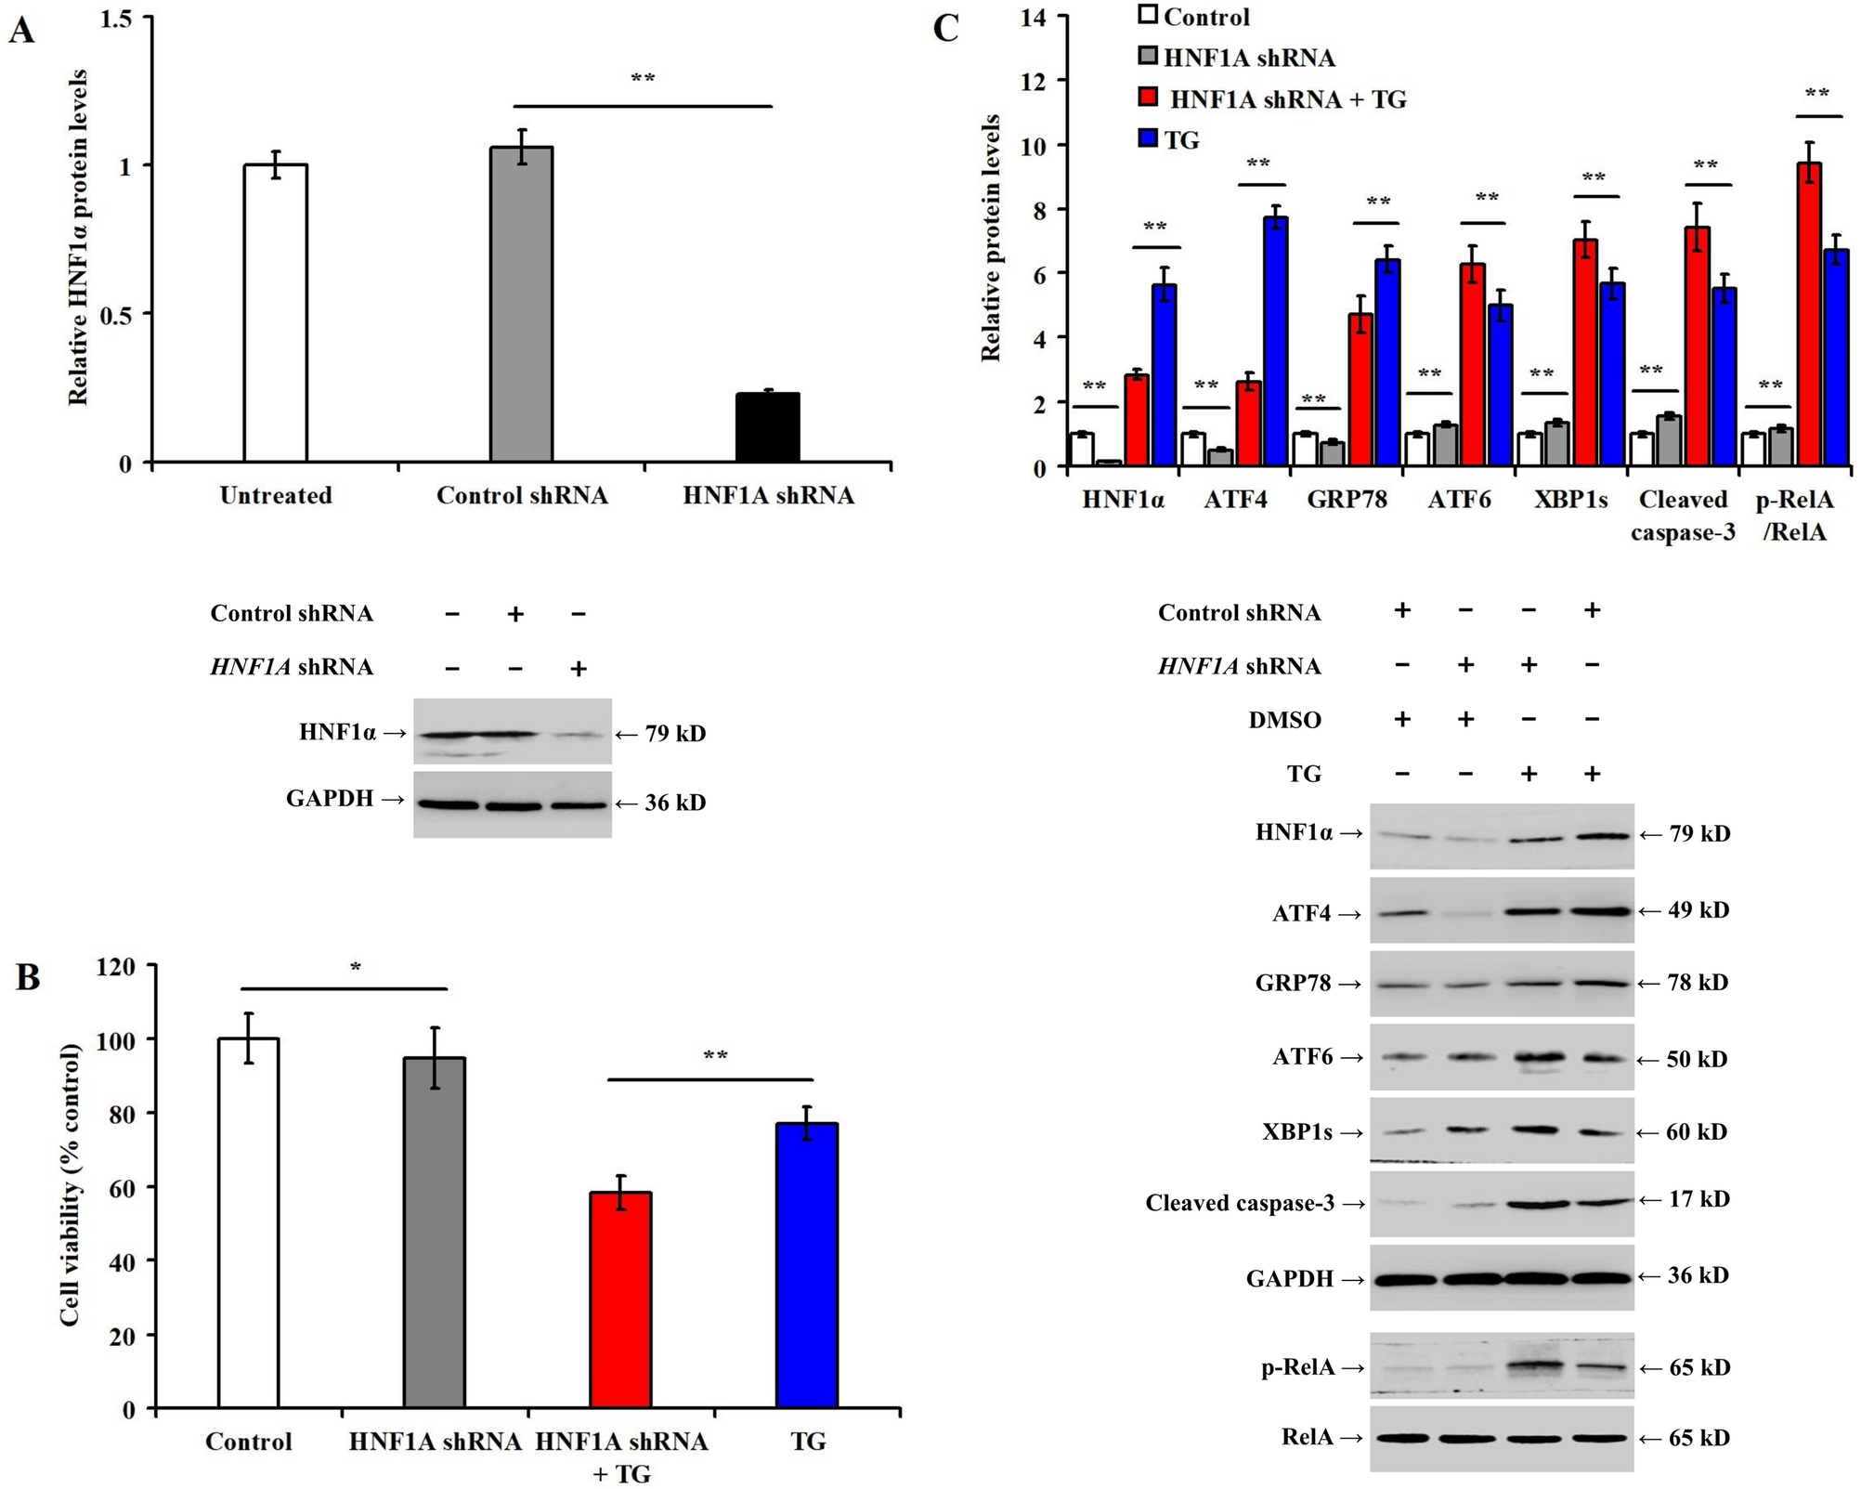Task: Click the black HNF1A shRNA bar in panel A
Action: point(767,427)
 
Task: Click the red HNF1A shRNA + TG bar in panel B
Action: point(620,1300)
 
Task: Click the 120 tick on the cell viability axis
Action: point(116,967)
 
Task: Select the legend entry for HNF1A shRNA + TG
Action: point(1287,98)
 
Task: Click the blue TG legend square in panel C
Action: point(1149,139)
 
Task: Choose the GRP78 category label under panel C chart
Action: point(1347,500)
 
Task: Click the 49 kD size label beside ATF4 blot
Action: point(1698,910)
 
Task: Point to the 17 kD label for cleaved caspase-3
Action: point(1698,1199)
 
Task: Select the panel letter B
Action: point(28,977)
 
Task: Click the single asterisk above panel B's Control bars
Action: point(356,968)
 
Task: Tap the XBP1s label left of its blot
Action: point(1296,1132)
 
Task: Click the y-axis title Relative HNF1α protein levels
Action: point(79,237)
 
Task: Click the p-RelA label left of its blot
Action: point(1297,1367)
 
